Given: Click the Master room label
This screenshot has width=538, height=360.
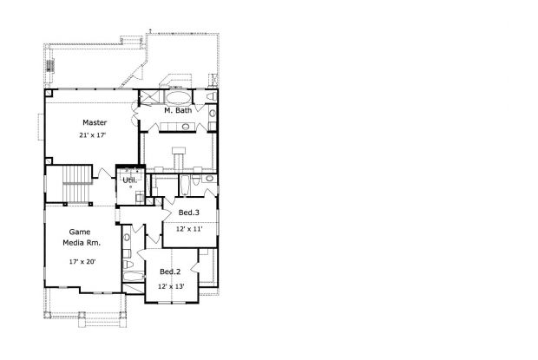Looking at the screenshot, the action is coord(95,122).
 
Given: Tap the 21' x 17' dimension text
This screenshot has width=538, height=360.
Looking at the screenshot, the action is coord(93,135).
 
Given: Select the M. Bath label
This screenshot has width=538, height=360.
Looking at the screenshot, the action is coord(178,110).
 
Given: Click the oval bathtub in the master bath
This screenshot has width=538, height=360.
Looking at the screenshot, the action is coord(179,97).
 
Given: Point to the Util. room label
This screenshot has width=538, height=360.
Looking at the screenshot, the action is coord(130,180).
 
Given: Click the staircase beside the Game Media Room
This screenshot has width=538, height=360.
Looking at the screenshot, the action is coord(77,184).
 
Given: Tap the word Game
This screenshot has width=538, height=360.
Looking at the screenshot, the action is coord(80,232).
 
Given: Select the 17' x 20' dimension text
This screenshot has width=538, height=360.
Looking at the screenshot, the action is coord(82,262).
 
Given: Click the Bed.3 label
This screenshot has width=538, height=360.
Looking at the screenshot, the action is coord(188,213).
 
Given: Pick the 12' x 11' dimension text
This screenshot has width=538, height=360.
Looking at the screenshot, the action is coord(189,229).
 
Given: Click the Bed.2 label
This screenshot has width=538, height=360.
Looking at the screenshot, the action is coord(170,272).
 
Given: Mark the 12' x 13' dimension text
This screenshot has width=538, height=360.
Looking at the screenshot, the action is coord(171,286).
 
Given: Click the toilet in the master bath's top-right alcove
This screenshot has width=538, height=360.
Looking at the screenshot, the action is coord(212,96).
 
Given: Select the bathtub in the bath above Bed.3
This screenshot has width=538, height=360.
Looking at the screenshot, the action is coord(184,185).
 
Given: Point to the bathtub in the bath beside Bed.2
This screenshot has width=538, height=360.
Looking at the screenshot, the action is coord(134,277).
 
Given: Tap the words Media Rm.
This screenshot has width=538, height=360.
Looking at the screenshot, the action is coord(82,243).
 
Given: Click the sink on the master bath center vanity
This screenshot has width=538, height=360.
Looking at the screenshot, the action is coord(186,127).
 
